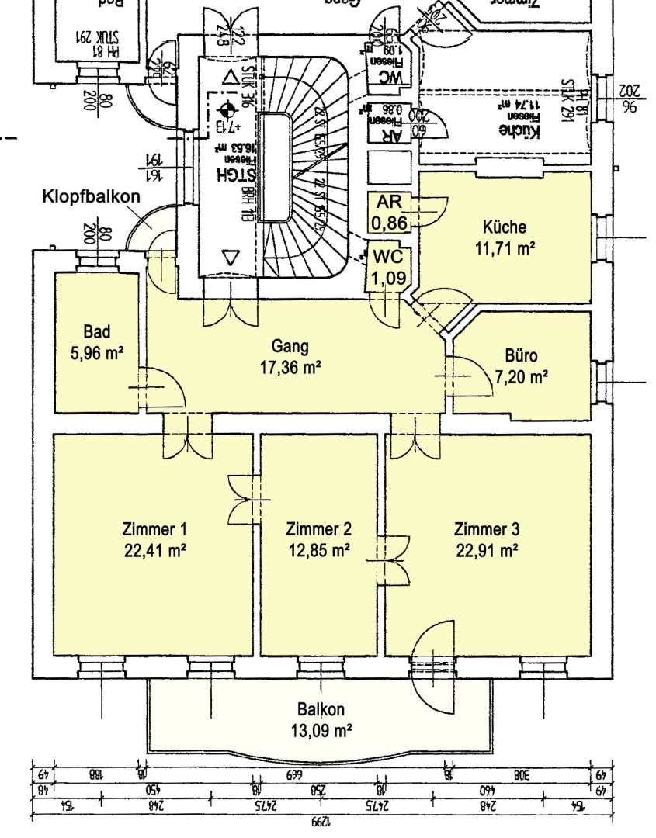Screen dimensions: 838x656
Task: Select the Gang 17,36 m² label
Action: pos(291,356)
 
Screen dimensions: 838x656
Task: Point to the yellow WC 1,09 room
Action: pos(386,268)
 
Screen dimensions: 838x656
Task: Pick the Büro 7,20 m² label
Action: pos(521,367)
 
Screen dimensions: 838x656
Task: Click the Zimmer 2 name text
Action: pos(318,530)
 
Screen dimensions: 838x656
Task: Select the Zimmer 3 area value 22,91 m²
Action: pos(486,551)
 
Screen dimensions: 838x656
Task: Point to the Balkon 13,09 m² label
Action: pos(321,719)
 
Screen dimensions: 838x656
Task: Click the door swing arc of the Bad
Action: pos(167,388)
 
